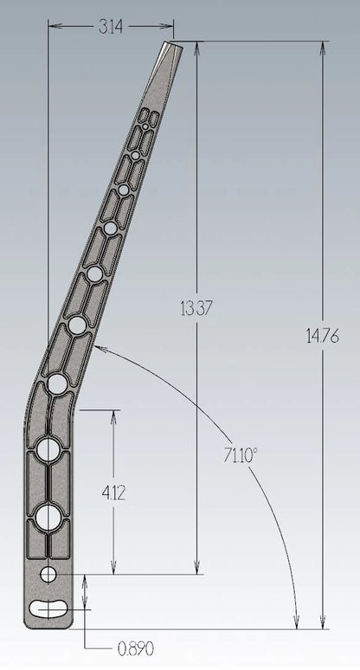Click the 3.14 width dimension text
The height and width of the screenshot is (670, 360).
tap(111, 27)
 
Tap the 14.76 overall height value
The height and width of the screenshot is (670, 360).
tap(323, 337)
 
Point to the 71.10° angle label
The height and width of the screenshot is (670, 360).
tap(241, 455)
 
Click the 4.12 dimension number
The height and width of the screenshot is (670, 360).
tap(113, 493)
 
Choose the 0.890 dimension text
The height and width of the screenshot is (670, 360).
tap(135, 649)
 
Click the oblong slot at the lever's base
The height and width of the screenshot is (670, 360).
tap(49, 608)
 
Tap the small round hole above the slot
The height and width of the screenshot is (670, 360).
tap(48, 574)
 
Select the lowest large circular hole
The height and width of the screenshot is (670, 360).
tap(48, 517)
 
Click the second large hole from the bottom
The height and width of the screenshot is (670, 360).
tap(48, 449)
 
